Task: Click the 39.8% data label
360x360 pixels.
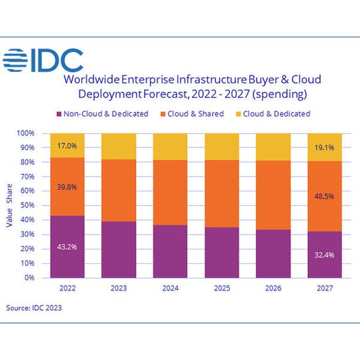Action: pyautogui.click(x=67, y=187)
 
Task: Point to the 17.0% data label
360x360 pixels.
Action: pyautogui.click(x=67, y=145)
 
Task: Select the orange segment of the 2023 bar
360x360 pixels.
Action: pyautogui.click(x=118, y=191)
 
